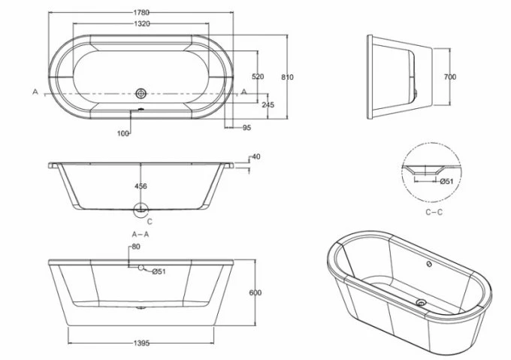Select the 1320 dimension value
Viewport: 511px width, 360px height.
[141, 23]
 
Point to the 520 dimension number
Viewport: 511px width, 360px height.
[257, 77]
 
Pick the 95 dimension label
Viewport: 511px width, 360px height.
[246, 128]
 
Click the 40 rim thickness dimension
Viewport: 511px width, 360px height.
[256, 156]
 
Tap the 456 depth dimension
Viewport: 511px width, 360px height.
[141, 186]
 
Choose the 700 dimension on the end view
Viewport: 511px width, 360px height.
[450, 77]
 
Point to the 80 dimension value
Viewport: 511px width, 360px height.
[136, 247]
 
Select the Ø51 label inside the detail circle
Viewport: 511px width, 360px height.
[446, 181]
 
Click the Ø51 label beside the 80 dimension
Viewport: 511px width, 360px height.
[159, 271]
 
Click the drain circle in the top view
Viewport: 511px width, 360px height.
[141, 93]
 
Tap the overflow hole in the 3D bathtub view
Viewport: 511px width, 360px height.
[428, 264]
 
